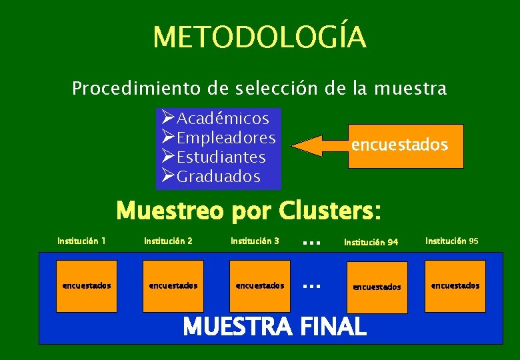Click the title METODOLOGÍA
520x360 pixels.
point(259,37)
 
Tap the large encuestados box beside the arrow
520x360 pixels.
point(399,145)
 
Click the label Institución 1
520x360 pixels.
point(81,241)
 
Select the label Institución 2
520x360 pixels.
point(168,241)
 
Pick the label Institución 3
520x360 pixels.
point(255,241)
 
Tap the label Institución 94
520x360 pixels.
point(371,243)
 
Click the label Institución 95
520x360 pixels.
point(451,241)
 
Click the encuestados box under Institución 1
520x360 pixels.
point(87,285)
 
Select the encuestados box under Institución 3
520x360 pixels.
point(260,285)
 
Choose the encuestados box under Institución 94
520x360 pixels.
point(377,287)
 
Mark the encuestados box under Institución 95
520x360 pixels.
point(455,285)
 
